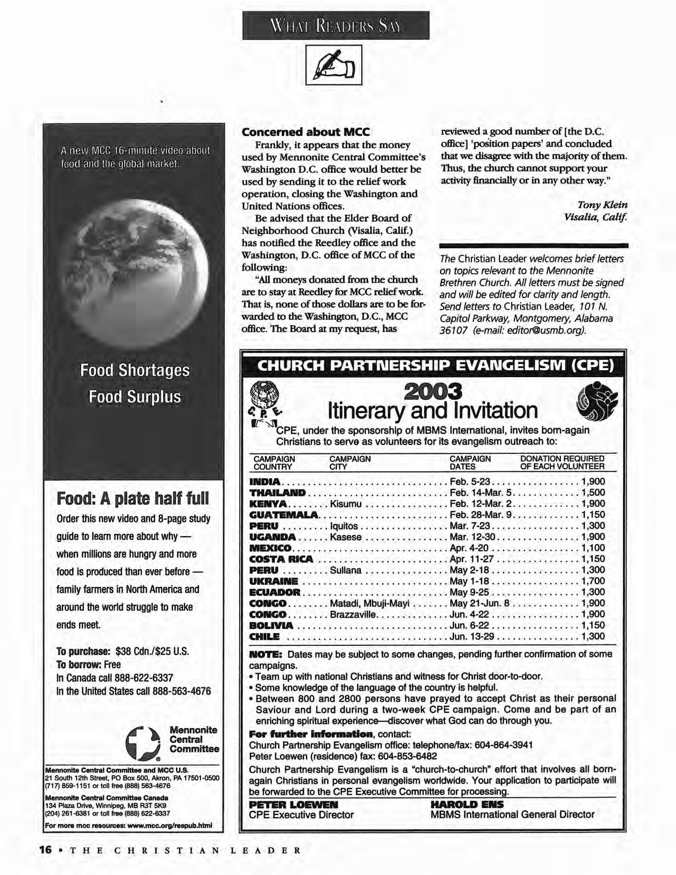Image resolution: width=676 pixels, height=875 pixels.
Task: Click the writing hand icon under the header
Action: (333, 65)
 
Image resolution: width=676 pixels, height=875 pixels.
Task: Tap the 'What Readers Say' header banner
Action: (336, 25)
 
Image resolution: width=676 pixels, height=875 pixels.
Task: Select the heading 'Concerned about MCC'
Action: (305, 132)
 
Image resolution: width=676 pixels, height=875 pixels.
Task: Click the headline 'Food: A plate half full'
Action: (133, 498)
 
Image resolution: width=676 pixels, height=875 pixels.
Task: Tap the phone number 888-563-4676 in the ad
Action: (181, 691)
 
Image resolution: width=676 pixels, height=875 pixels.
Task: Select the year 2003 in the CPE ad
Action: (433, 391)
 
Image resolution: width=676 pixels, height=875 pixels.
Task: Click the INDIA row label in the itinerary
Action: (265, 482)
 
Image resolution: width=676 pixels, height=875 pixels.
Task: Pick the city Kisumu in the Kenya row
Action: (345, 504)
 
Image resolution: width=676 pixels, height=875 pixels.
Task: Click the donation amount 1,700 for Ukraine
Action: (593, 581)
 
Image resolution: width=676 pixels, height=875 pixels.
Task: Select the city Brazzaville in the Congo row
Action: (353, 615)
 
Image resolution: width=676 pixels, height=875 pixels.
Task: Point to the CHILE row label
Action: (264, 637)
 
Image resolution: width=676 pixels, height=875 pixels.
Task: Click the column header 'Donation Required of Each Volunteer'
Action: (562, 462)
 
